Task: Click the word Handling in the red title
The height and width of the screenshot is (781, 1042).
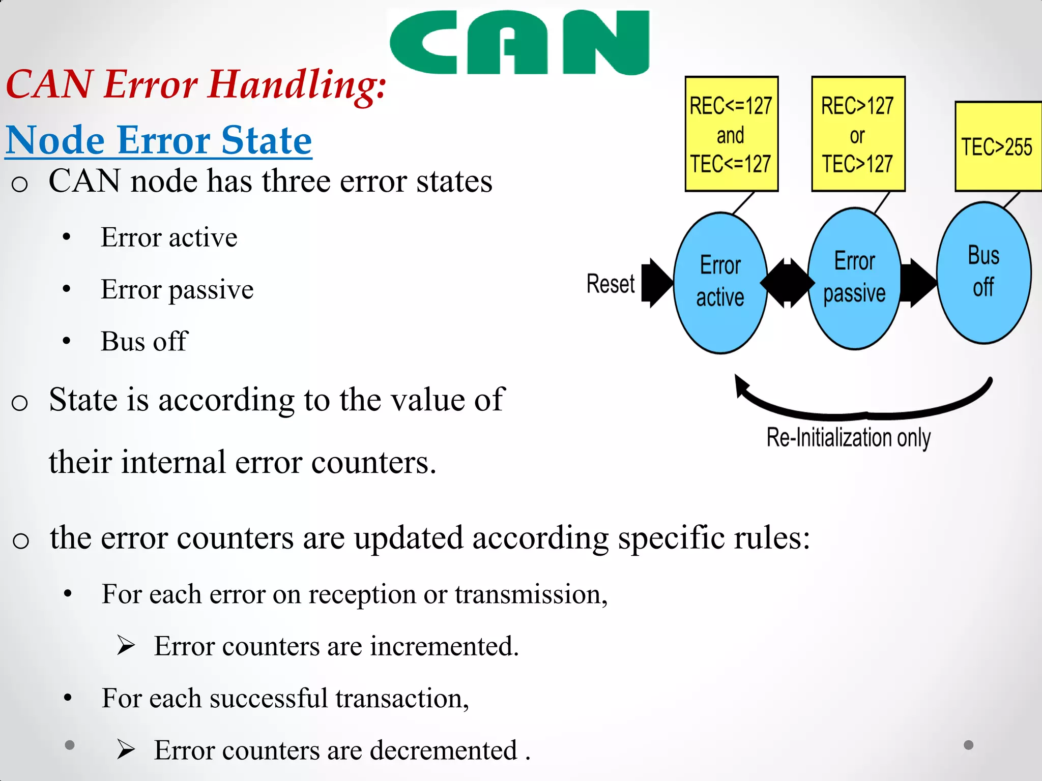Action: (x=298, y=85)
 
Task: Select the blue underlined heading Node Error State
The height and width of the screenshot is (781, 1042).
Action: (x=159, y=140)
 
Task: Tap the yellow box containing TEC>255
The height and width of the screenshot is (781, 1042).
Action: (x=997, y=146)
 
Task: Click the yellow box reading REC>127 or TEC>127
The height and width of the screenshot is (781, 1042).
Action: (x=858, y=134)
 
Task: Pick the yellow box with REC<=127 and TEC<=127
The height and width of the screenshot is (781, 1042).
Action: (x=731, y=134)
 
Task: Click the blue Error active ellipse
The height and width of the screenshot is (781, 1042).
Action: (x=720, y=283)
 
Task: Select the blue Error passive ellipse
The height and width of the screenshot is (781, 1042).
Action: (x=854, y=279)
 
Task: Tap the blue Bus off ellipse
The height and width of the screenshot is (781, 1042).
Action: (x=983, y=273)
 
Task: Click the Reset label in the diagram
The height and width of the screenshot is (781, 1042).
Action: (x=610, y=284)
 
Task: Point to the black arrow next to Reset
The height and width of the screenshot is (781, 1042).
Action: (x=657, y=283)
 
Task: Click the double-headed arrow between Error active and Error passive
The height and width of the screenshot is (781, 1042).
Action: (x=787, y=283)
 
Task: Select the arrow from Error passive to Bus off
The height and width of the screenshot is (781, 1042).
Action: (x=918, y=283)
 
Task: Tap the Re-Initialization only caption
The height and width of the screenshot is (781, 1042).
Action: (x=848, y=437)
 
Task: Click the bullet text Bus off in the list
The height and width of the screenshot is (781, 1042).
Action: (x=144, y=341)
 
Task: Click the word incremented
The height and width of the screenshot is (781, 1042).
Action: (x=444, y=646)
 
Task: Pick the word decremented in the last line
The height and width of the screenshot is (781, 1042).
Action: (x=443, y=750)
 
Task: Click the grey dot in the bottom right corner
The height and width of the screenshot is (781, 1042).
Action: (x=968, y=745)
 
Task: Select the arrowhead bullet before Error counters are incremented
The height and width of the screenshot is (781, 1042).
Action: (x=125, y=646)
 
